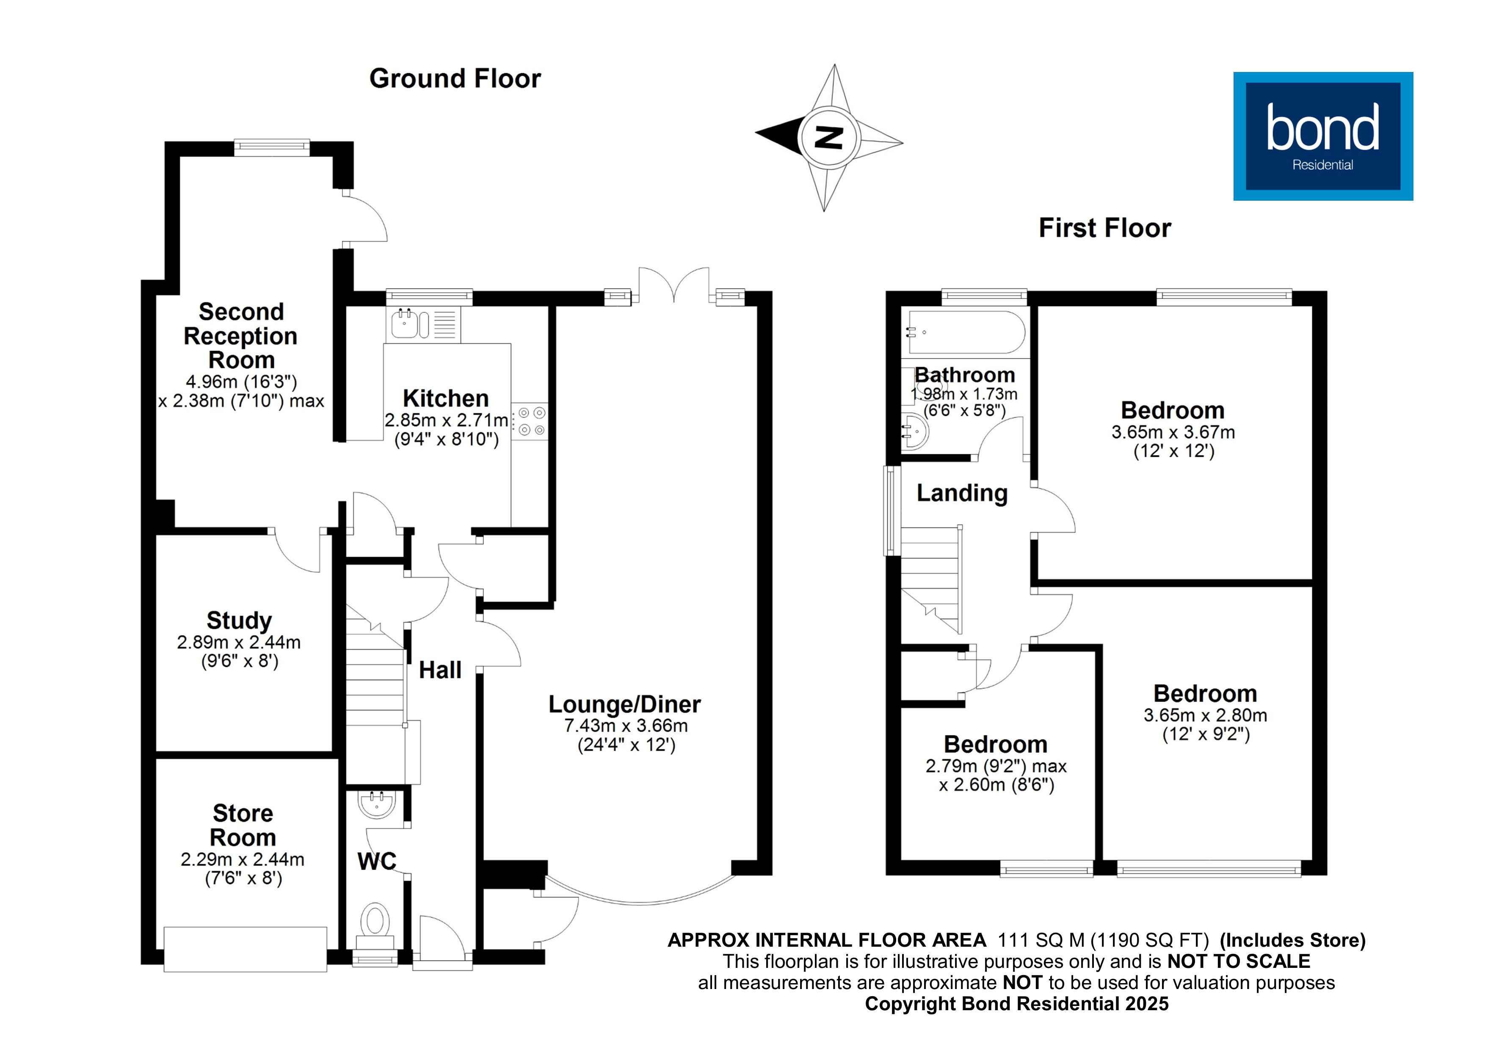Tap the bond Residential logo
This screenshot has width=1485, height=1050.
click(1323, 136)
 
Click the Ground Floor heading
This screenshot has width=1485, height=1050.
click(455, 79)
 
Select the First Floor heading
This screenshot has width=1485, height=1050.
click(1105, 228)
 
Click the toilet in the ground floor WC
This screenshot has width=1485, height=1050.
click(375, 921)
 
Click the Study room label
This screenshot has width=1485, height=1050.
click(239, 620)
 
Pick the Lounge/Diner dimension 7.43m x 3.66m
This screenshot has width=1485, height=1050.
click(625, 726)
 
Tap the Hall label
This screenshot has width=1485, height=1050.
click(440, 670)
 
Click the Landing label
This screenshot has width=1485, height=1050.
click(962, 494)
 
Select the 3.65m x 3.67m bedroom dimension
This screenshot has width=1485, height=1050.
click(1173, 432)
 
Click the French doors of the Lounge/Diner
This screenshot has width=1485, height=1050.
click(673, 285)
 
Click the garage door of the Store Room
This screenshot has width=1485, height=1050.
click(245, 949)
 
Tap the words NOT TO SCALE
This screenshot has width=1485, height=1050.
click(1239, 962)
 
